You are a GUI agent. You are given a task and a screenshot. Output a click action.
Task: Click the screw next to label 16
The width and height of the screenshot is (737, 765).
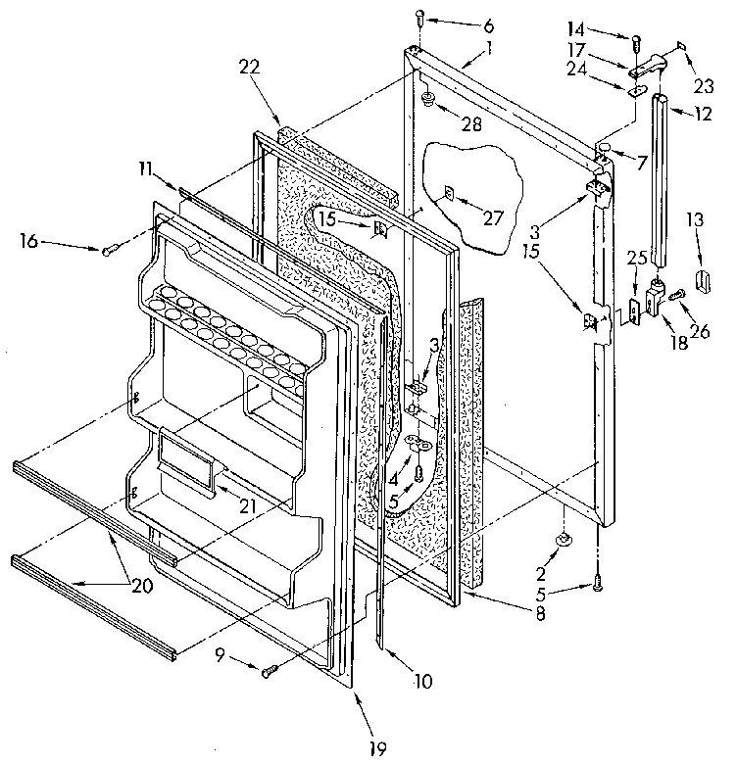(x=108, y=251)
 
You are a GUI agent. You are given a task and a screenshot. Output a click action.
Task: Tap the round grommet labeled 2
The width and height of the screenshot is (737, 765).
(x=565, y=540)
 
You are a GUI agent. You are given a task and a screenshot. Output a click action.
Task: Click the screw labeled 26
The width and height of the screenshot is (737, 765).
(x=676, y=290)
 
